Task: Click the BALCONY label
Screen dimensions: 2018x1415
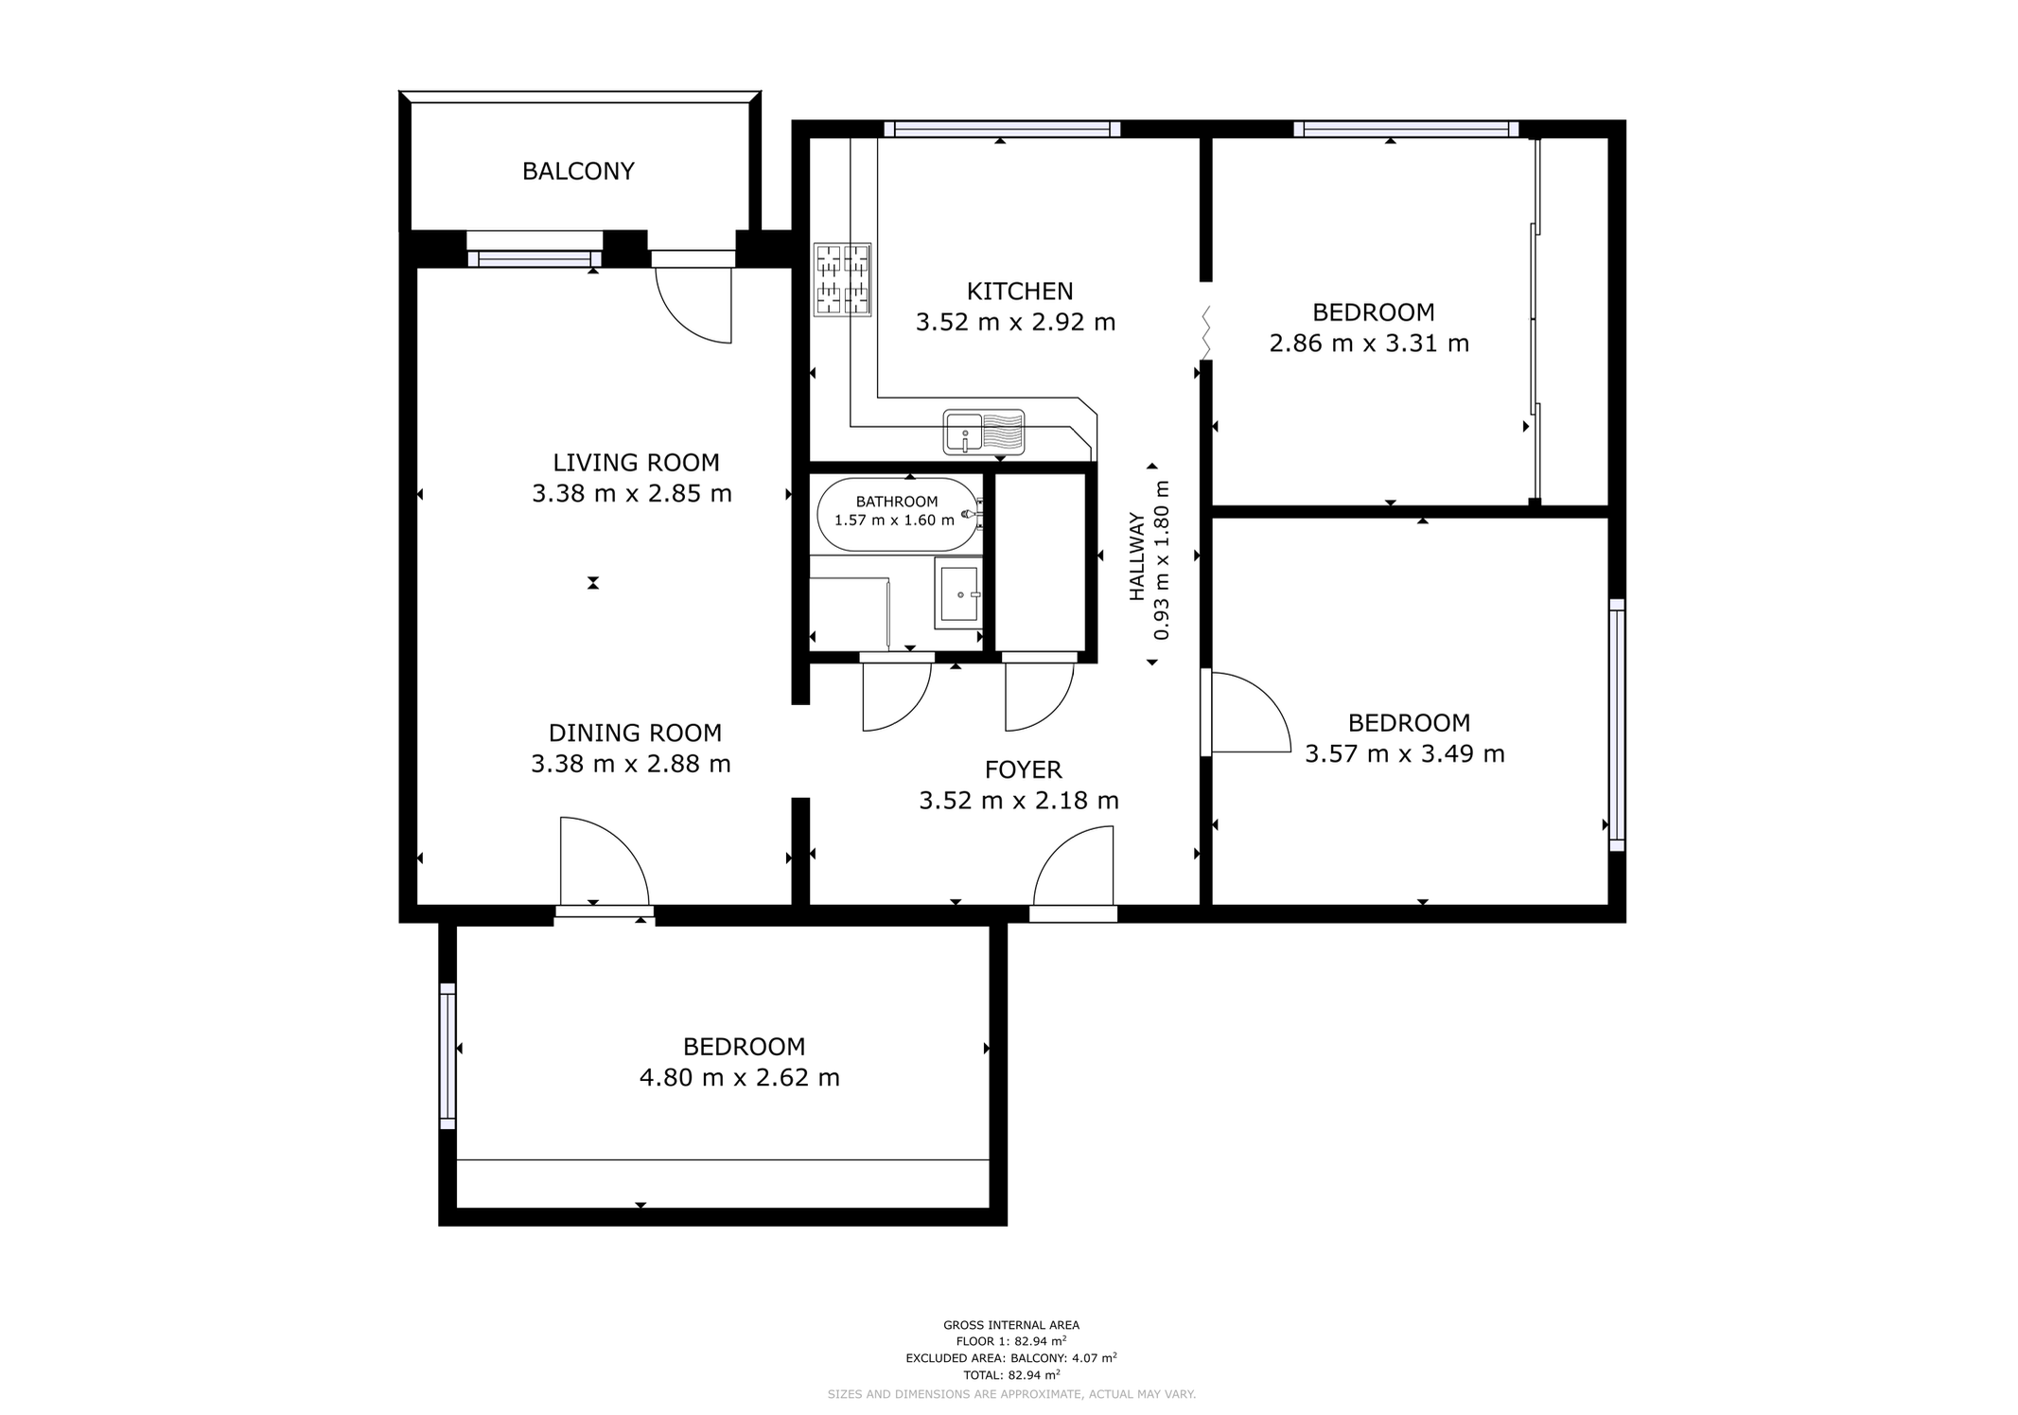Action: point(578,171)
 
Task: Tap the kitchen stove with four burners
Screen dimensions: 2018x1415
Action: point(842,279)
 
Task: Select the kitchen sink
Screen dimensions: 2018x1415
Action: point(984,432)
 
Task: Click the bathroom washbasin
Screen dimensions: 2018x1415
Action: point(959,593)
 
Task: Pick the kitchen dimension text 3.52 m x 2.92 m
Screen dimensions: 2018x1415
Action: point(1015,323)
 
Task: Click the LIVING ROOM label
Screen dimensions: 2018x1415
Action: point(636,463)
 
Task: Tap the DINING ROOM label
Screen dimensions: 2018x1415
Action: point(635,734)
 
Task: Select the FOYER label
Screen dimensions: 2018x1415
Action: point(1023,770)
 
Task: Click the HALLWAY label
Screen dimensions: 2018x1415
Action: point(1137,557)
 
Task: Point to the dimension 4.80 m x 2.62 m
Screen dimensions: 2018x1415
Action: point(739,1078)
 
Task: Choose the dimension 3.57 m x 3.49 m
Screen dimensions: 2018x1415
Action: point(1404,754)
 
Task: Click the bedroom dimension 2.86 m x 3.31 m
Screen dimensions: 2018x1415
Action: point(1368,344)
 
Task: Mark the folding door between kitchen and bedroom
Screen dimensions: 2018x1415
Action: point(1206,332)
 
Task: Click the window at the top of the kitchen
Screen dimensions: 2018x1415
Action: point(1002,129)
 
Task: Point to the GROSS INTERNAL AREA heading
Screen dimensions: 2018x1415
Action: point(1011,1325)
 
